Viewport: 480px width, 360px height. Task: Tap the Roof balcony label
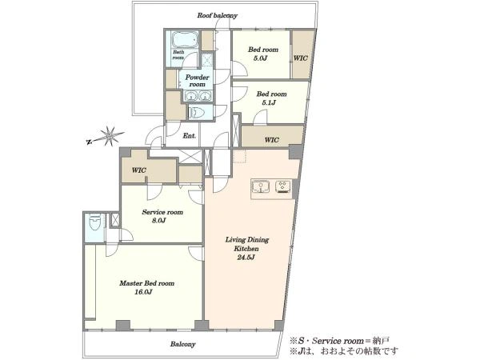pyautogui.click(x=217, y=15)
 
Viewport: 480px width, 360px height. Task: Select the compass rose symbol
pyautogui.click(x=106, y=137)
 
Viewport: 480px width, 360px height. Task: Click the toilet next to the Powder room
pyautogui.click(x=196, y=112)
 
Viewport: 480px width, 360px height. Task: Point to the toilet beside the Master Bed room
pyautogui.click(x=95, y=222)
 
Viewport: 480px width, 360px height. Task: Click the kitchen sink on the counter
pyautogui.click(x=261, y=186)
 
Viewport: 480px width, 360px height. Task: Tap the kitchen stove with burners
pyautogui.click(x=283, y=186)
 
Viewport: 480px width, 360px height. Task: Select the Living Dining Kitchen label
pyautogui.click(x=247, y=244)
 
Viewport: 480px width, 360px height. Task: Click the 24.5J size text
pyautogui.click(x=246, y=258)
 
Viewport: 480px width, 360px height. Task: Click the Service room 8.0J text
pyautogui.click(x=162, y=216)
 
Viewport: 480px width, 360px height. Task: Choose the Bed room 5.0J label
pyautogui.click(x=263, y=54)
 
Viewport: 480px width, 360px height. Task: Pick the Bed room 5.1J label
pyautogui.click(x=271, y=98)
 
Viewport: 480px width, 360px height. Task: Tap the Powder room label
pyautogui.click(x=197, y=81)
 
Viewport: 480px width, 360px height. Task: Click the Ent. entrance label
pyautogui.click(x=189, y=136)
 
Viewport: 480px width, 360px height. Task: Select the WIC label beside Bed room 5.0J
pyautogui.click(x=301, y=58)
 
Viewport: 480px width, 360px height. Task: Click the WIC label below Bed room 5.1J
pyautogui.click(x=271, y=140)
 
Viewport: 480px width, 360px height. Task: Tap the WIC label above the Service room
pyautogui.click(x=139, y=170)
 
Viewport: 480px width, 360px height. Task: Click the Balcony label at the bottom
pyautogui.click(x=182, y=344)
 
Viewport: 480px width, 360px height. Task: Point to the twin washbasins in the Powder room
pyautogui.click(x=198, y=96)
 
